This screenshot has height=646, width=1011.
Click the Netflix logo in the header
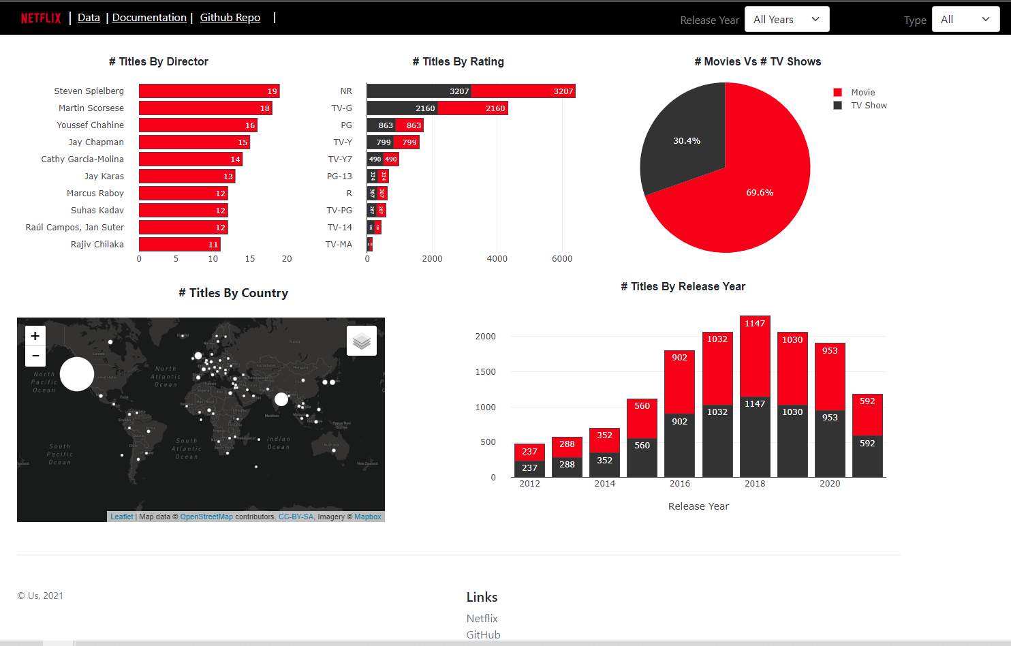point(41,18)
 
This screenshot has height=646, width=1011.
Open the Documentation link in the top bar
point(149,18)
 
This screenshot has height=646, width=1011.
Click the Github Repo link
point(230,18)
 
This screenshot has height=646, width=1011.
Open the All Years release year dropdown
point(786,20)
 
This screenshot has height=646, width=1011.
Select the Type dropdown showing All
point(965,20)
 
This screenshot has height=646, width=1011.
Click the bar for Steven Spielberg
point(208,91)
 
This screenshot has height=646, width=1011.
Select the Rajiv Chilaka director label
point(97,245)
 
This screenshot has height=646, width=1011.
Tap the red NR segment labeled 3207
point(523,91)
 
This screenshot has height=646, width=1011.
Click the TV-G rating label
point(341,108)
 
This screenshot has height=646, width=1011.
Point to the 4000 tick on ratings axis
point(497,259)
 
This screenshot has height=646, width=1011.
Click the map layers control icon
point(362,341)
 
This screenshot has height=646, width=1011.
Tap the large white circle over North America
point(77,374)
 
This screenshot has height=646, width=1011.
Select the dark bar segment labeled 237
point(529,469)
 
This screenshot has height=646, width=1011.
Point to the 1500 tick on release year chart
point(486,372)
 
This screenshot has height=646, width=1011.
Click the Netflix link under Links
point(482,619)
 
